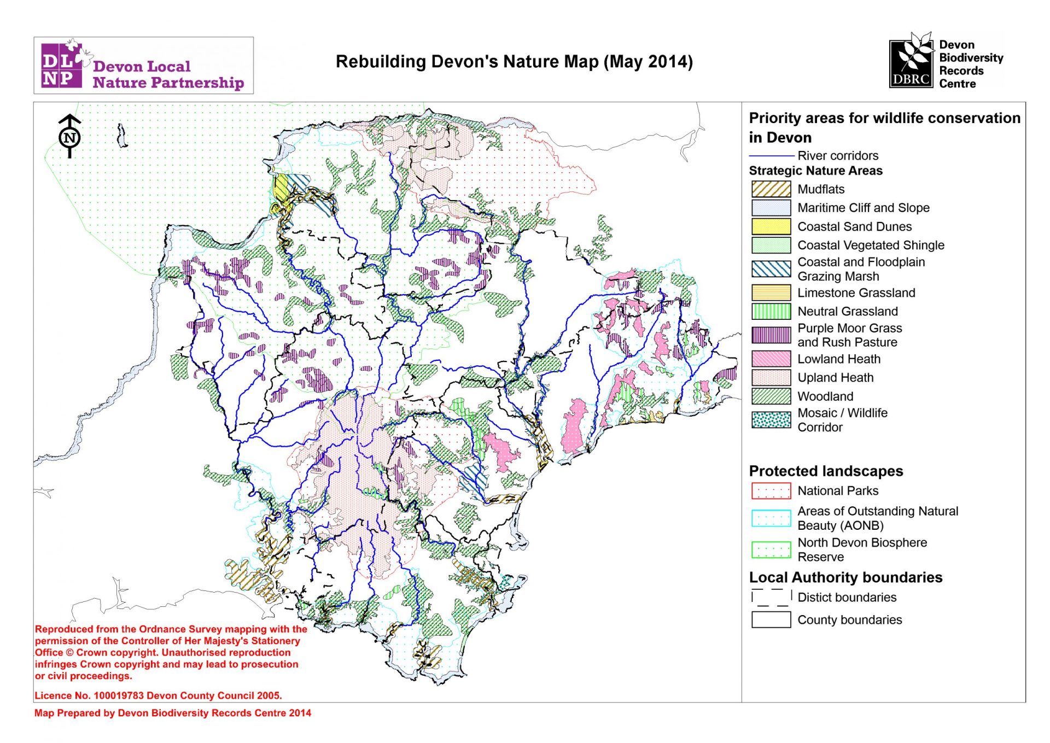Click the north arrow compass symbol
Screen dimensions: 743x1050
(x=69, y=137)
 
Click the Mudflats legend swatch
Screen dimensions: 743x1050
(x=771, y=189)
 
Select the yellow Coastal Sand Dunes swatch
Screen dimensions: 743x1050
(x=771, y=226)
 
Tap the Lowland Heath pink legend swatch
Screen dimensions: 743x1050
(x=771, y=359)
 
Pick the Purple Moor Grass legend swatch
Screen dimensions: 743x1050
(x=771, y=335)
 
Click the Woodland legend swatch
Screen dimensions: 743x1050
(x=771, y=396)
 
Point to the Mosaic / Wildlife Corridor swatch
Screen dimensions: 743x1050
(x=771, y=420)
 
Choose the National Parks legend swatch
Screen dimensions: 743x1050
(x=771, y=491)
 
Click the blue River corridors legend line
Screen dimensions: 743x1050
(x=771, y=156)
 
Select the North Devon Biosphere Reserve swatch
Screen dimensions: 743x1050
(x=771, y=549)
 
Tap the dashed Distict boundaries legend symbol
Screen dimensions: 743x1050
(x=771, y=597)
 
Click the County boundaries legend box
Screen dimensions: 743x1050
(x=771, y=619)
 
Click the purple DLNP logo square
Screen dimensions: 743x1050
(x=61, y=66)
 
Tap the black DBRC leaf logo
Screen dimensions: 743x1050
(x=911, y=61)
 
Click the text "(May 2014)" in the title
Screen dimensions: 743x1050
(x=648, y=62)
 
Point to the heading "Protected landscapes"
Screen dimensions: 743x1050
(x=826, y=471)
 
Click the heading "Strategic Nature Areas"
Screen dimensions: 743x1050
(x=815, y=171)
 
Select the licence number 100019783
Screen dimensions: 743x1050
(x=119, y=695)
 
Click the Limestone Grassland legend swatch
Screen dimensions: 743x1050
(x=771, y=292)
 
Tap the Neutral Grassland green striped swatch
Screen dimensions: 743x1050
(x=771, y=311)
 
